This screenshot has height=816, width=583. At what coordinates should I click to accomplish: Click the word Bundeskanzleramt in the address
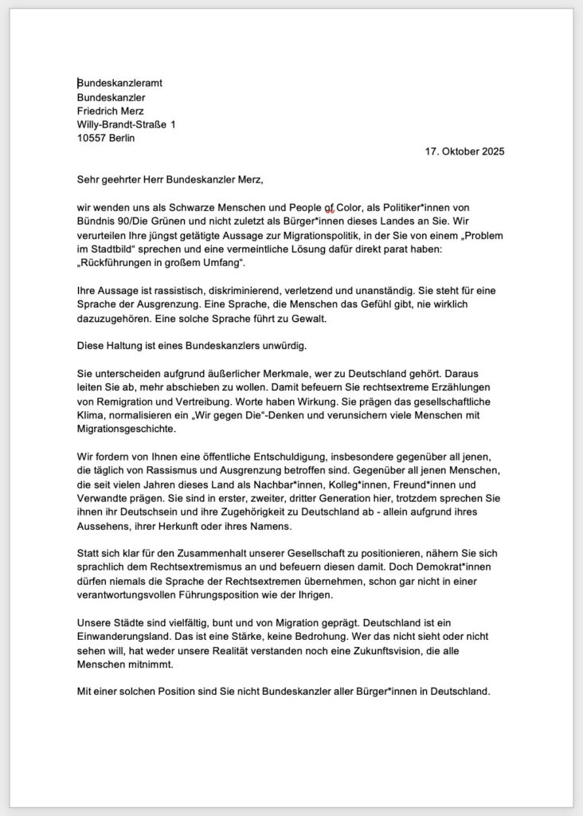click(120, 83)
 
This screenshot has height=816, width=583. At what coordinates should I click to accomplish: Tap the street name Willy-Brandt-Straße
click(123, 124)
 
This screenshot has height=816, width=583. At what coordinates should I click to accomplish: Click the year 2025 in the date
click(491, 151)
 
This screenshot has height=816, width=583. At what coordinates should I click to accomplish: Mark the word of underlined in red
click(329, 207)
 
